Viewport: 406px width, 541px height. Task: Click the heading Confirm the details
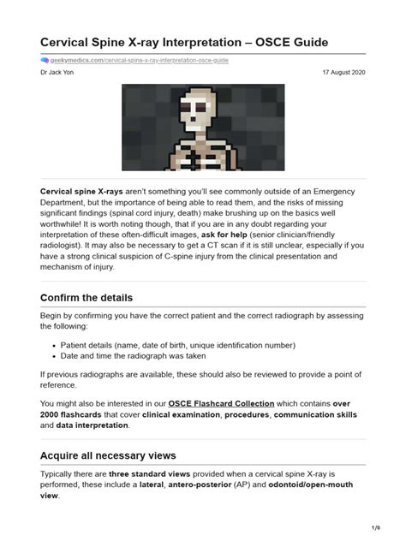coord(87,298)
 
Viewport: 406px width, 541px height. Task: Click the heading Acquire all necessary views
coord(107,455)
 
